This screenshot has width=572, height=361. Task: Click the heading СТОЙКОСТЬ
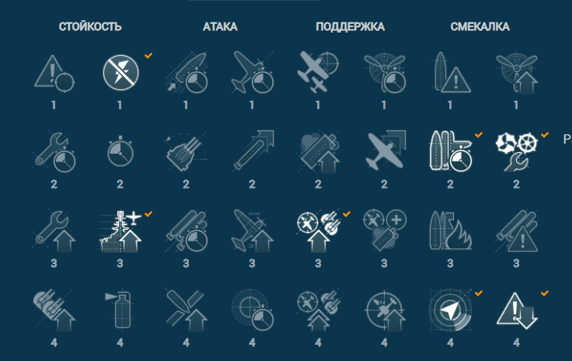coord(90,26)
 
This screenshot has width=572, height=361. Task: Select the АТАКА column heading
coord(220,26)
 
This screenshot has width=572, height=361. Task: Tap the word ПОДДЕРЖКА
coord(351,26)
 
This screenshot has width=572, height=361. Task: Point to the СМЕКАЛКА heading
coord(480,26)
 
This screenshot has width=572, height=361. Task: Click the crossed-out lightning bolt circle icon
coord(120,72)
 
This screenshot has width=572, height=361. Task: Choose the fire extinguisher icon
coord(120,310)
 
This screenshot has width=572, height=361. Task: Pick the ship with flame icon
coord(451,231)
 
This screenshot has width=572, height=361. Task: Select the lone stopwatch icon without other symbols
coord(120,152)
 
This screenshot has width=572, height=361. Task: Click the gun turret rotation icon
coord(186,151)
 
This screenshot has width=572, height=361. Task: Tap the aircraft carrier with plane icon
coord(120,231)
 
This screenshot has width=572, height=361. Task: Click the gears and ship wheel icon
coord(516,151)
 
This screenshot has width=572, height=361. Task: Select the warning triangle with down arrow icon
coord(516,311)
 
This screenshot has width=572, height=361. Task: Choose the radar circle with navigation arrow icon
coord(450,310)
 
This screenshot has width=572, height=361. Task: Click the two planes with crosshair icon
coord(318,71)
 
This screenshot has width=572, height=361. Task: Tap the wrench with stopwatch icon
coord(54,152)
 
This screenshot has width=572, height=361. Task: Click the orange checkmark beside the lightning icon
coord(148,55)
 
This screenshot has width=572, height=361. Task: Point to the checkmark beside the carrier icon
coord(148,213)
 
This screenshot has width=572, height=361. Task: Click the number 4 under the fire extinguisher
coord(120,342)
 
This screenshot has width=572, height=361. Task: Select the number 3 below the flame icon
coord(450,263)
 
